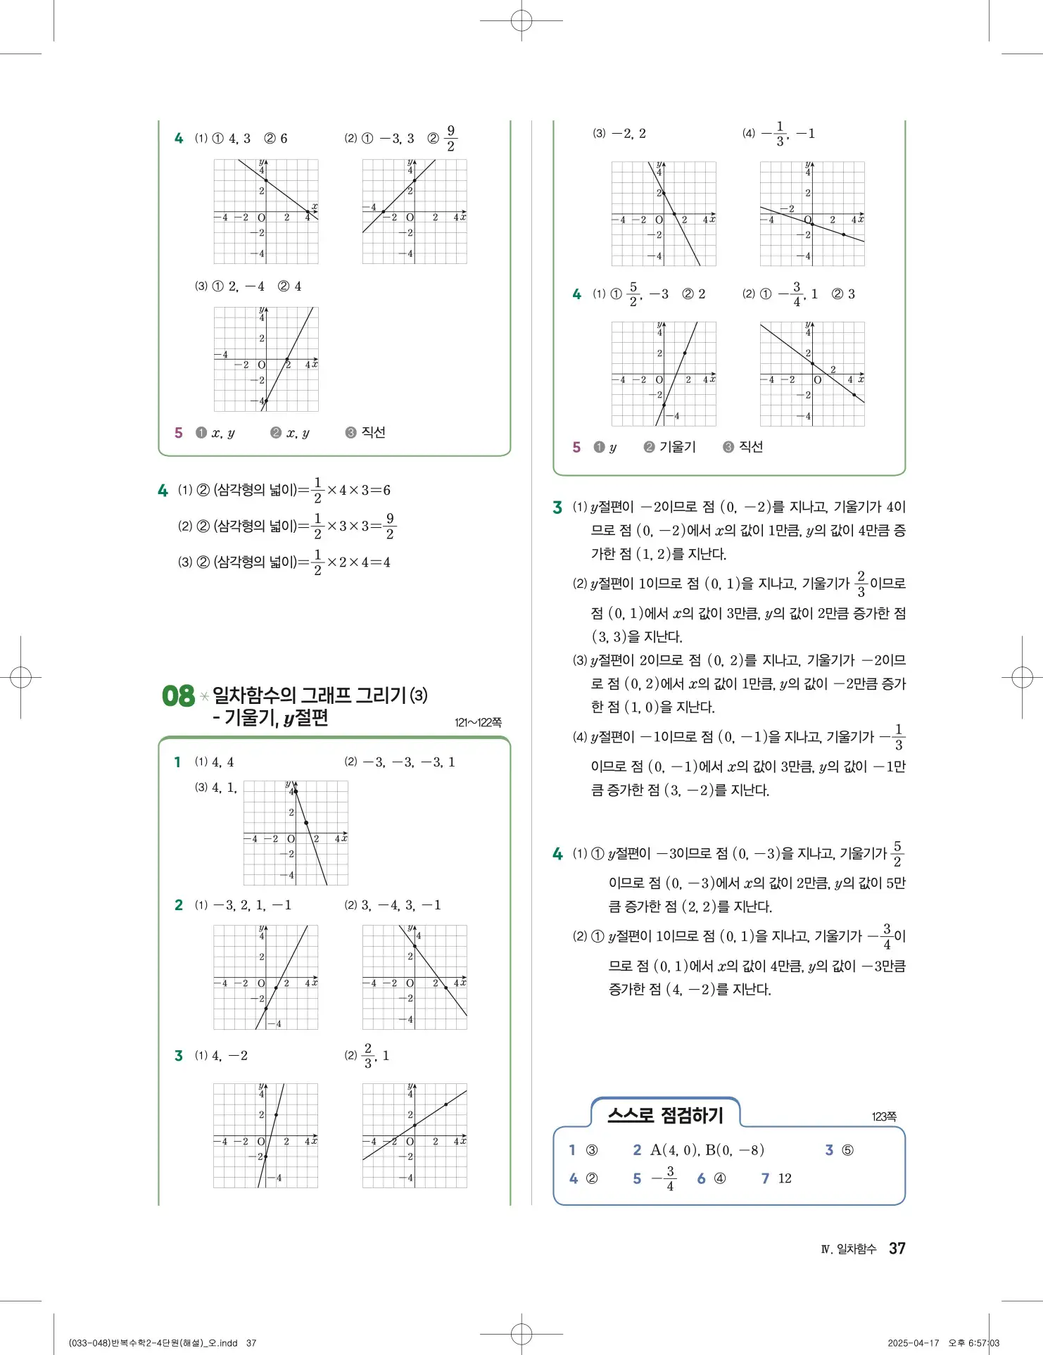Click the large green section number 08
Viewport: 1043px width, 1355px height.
(x=178, y=696)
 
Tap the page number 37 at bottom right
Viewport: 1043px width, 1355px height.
(x=897, y=1248)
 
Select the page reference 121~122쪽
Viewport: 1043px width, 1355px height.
(x=478, y=722)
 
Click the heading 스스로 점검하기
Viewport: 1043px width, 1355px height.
(x=665, y=1115)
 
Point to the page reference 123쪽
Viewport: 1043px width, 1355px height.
(x=884, y=1116)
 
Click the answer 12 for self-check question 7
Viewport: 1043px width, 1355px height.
(x=785, y=1178)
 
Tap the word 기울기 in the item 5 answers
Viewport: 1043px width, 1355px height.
(x=677, y=447)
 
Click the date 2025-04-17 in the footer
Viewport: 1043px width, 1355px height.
(x=913, y=1342)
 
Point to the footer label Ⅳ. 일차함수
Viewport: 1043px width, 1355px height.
(x=848, y=1249)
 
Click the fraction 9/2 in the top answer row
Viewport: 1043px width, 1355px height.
(x=451, y=138)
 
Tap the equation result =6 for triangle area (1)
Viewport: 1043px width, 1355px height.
(x=381, y=490)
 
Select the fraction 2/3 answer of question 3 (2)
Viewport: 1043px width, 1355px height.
(x=367, y=1056)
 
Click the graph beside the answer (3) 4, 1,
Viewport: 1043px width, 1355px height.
(x=296, y=833)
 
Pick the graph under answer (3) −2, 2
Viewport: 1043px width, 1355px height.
(x=664, y=213)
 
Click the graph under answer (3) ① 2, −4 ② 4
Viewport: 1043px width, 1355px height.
(x=266, y=359)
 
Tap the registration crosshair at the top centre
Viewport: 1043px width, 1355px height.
(x=521, y=21)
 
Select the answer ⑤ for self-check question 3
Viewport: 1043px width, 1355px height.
(x=848, y=1150)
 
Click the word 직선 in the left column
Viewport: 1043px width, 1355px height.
(x=373, y=432)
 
